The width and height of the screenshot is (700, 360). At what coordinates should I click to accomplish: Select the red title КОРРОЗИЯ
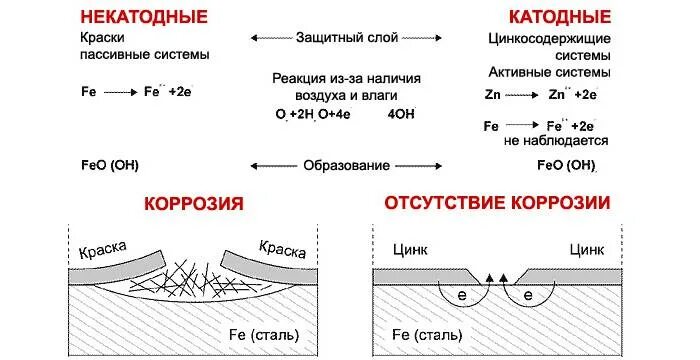click(x=194, y=204)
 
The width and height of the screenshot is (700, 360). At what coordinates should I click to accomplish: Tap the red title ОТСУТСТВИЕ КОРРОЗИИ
click(x=497, y=204)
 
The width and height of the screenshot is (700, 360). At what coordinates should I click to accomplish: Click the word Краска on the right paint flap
click(x=281, y=248)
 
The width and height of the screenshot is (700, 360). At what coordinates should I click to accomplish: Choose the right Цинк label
click(x=588, y=248)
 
